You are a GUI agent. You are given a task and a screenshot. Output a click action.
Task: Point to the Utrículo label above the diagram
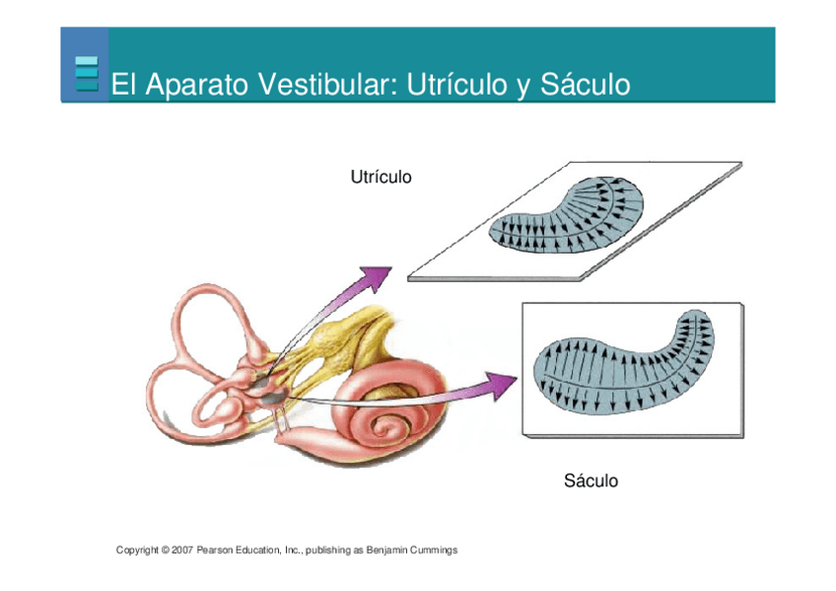(x=381, y=178)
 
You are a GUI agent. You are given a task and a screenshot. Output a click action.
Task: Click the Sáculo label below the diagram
(x=591, y=481)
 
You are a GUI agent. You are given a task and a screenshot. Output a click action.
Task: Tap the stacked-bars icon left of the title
(x=87, y=74)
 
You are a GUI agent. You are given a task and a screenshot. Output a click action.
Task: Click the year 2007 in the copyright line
(x=181, y=550)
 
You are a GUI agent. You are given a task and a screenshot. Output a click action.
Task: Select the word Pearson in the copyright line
(x=214, y=550)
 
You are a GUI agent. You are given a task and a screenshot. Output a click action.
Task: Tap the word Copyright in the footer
(x=137, y=550)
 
